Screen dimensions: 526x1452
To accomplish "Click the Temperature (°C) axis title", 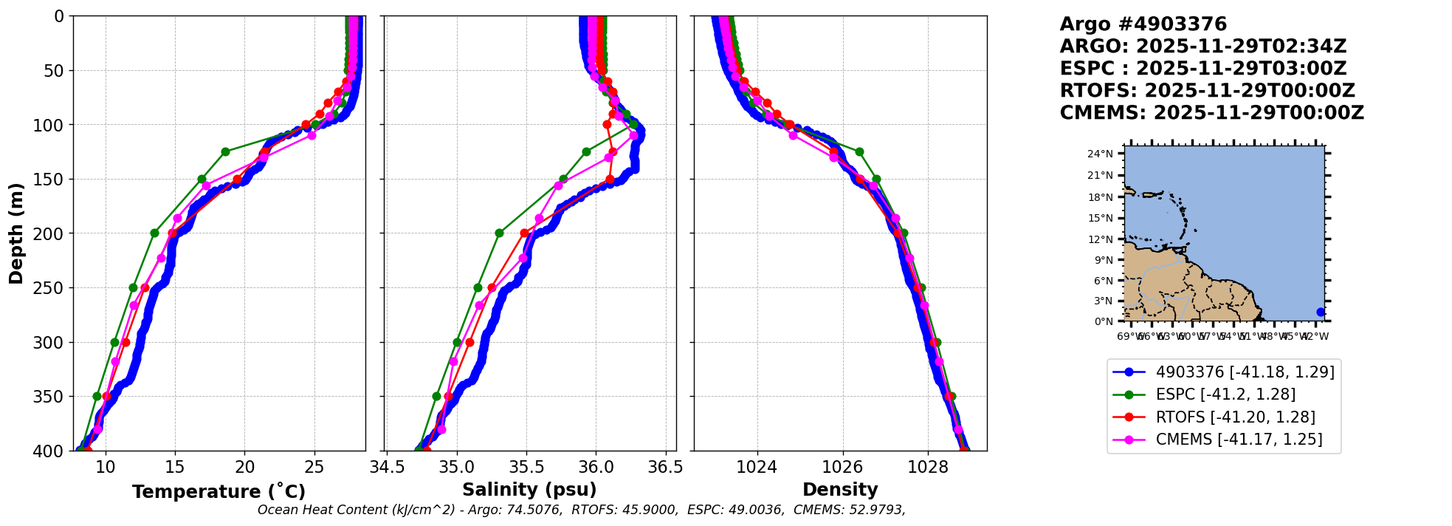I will click(219, 492).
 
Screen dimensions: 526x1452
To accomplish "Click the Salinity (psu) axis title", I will click(529, 490).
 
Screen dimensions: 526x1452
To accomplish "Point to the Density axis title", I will click(840, 490).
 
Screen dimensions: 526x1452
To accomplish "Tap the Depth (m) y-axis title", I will click(16, 233).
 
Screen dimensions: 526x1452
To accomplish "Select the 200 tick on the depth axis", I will click(54, 233).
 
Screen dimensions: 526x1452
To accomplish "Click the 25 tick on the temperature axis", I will click(314, 468).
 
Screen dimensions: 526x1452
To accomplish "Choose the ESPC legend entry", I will click(1225, 394).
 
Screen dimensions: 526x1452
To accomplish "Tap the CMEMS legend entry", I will click(1238, 440).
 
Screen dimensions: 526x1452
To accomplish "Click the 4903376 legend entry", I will click(1244, 372).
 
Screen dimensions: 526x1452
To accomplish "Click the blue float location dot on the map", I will click(1321, 312).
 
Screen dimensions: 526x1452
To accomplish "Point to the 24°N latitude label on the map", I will click(1100, 154).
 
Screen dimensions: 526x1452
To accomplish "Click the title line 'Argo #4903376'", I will click(1143, 24).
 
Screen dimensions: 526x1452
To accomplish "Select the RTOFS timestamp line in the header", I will click(1207, 91).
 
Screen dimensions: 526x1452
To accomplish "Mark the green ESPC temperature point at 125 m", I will click(225, 151).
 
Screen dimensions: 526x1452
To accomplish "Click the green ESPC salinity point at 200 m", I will click(499, 233).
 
